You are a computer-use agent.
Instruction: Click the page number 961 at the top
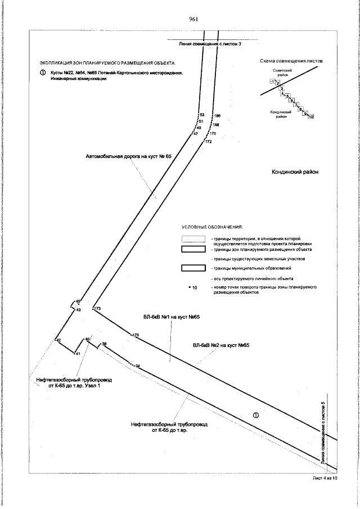[195, 19]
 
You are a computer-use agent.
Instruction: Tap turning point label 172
[209, 142]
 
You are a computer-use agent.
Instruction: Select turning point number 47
[196, 134]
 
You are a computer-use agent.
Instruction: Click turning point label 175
[135, 335]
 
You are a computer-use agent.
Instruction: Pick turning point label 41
[78, 353]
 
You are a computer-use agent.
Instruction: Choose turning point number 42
[57, 340]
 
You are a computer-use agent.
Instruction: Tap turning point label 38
[104, 343]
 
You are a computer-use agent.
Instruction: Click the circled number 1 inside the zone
[256, 416]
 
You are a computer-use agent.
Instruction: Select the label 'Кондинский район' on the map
[295, 172]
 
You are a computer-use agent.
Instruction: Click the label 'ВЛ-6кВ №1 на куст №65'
[172, 317]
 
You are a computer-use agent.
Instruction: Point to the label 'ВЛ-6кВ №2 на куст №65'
[220, 345]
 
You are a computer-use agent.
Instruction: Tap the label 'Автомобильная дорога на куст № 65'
[128, 156]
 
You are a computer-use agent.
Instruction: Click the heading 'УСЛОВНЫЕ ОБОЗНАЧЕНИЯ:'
[211, 227]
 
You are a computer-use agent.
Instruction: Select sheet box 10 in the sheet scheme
[310, 117]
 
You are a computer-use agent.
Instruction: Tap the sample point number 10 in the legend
[195, 287]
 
